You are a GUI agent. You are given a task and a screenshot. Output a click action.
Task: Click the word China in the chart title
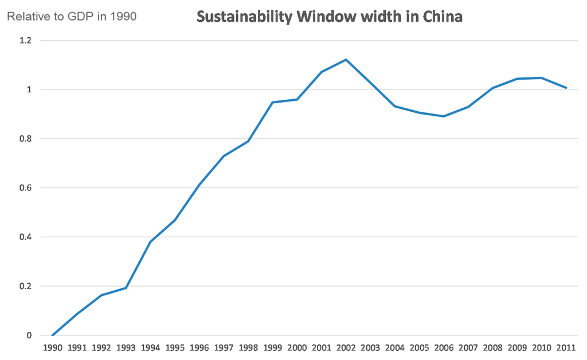442,17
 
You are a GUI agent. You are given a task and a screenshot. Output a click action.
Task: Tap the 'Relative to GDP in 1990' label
72,17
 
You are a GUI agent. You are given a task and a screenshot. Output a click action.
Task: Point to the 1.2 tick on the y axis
26,41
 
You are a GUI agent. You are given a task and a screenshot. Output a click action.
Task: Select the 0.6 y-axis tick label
26,188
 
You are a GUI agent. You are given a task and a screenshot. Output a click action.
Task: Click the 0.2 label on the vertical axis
26,286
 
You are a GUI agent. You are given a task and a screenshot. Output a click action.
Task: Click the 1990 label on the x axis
53,348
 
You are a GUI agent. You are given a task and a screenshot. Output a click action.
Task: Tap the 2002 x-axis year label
346,348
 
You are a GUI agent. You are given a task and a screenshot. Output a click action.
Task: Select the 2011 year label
566,348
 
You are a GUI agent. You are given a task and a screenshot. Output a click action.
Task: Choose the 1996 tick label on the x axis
199,348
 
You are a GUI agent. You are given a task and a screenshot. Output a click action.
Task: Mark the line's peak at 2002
346,60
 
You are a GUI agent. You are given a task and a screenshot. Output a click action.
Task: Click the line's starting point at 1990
53,335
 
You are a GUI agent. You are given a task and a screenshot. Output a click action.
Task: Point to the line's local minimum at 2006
444,116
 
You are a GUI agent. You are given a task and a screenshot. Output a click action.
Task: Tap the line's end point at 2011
566,88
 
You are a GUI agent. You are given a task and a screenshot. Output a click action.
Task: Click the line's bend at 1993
126,288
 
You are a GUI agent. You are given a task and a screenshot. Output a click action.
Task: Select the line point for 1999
272,103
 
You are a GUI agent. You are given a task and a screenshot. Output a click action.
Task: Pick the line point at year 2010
541,78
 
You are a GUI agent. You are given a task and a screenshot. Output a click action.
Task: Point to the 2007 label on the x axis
468,348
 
